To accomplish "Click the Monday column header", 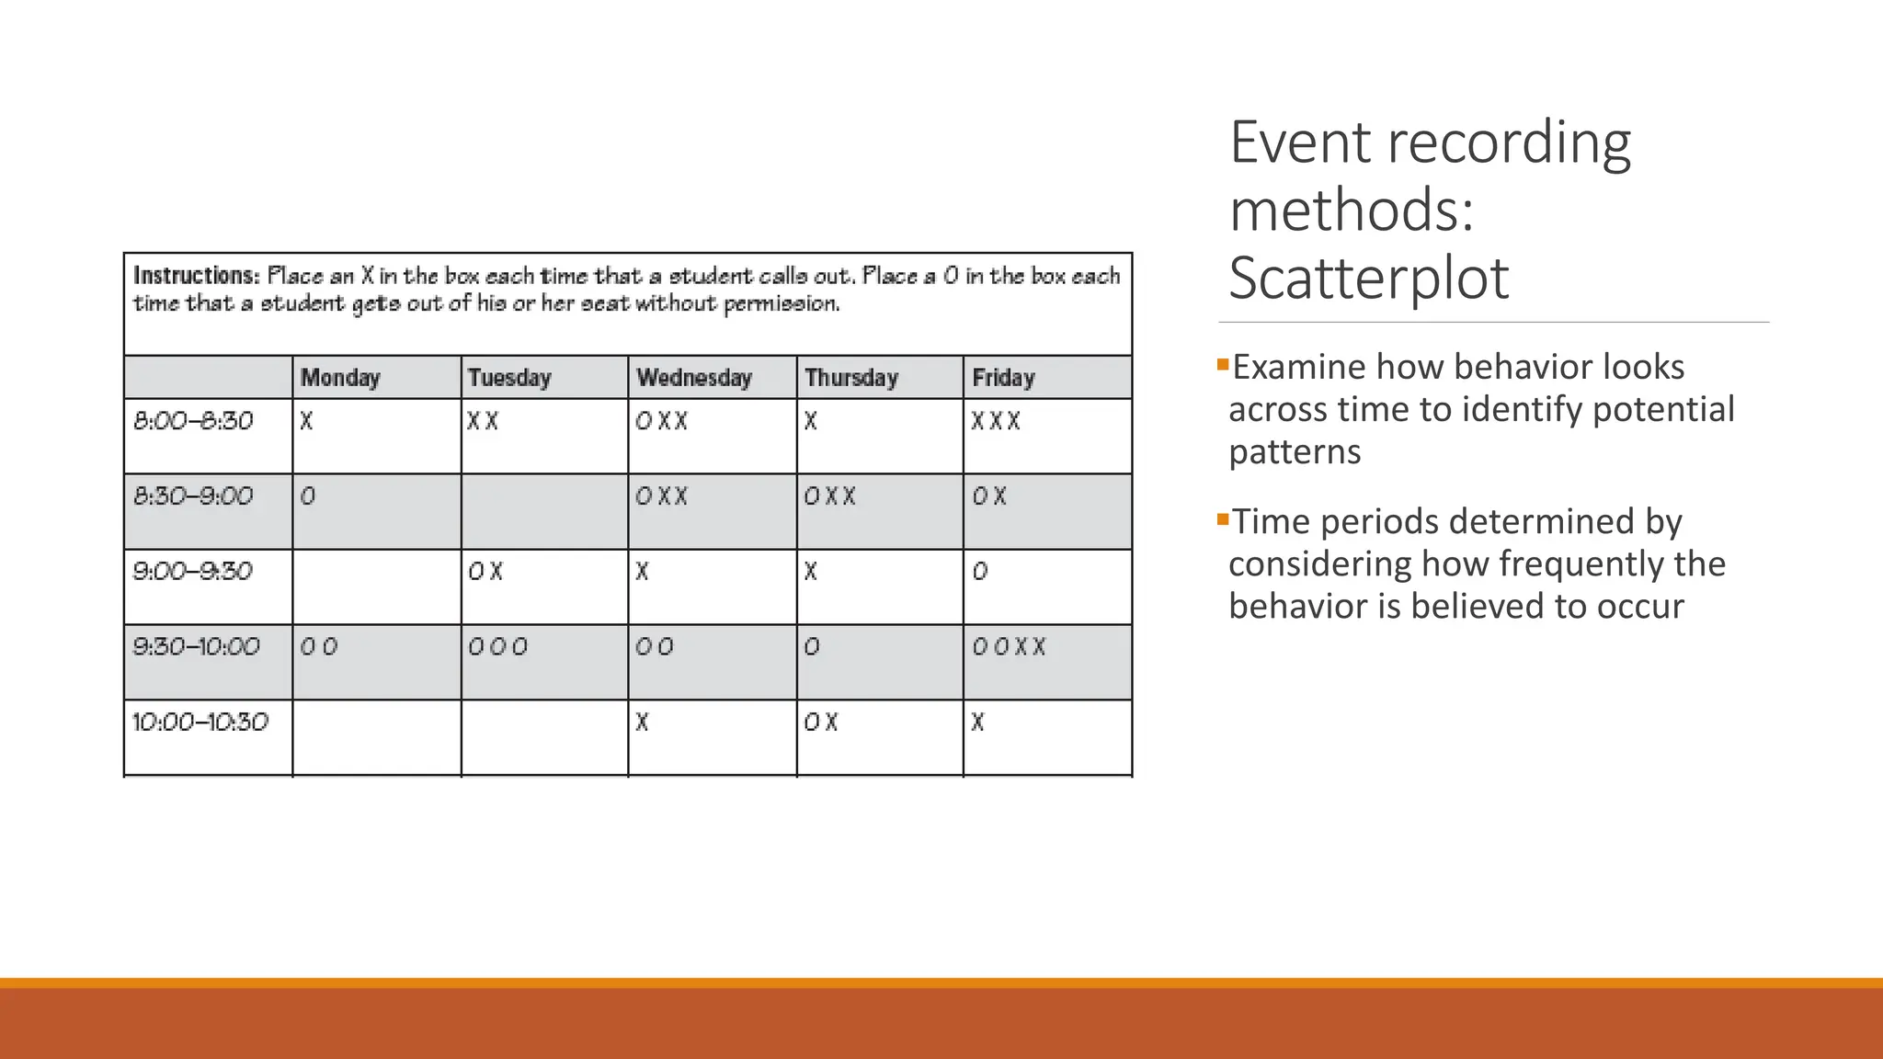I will point(340,378).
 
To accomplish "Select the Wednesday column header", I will point(694,378).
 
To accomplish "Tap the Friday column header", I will point(1003,378).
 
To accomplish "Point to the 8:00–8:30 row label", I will point(193,421).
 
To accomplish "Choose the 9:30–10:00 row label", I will point(197,647).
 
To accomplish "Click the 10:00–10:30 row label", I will point(200,723).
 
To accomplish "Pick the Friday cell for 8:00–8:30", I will point(1047,436).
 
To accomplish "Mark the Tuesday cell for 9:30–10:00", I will point(544,662).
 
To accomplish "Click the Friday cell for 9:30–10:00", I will point(1047,662).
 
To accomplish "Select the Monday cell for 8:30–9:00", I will point(377,511).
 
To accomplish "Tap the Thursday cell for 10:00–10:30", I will point(880,737).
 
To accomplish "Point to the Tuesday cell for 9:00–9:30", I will point(544,586).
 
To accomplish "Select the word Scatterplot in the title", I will point(1369,278).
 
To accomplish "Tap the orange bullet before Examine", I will point(1223,365).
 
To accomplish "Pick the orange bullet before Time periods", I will point(1223,519).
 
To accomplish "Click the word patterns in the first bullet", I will point(1295,451).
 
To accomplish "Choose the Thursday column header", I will point(851,378).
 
